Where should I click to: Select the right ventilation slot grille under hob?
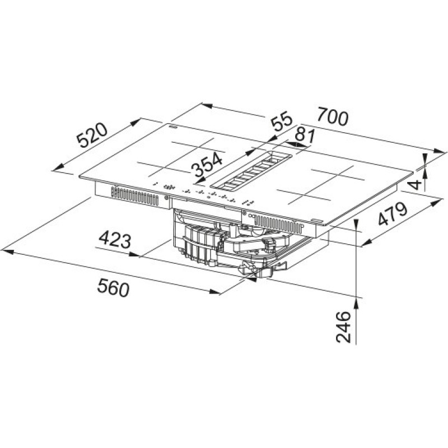pyautogui.click(x=277, y=223)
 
